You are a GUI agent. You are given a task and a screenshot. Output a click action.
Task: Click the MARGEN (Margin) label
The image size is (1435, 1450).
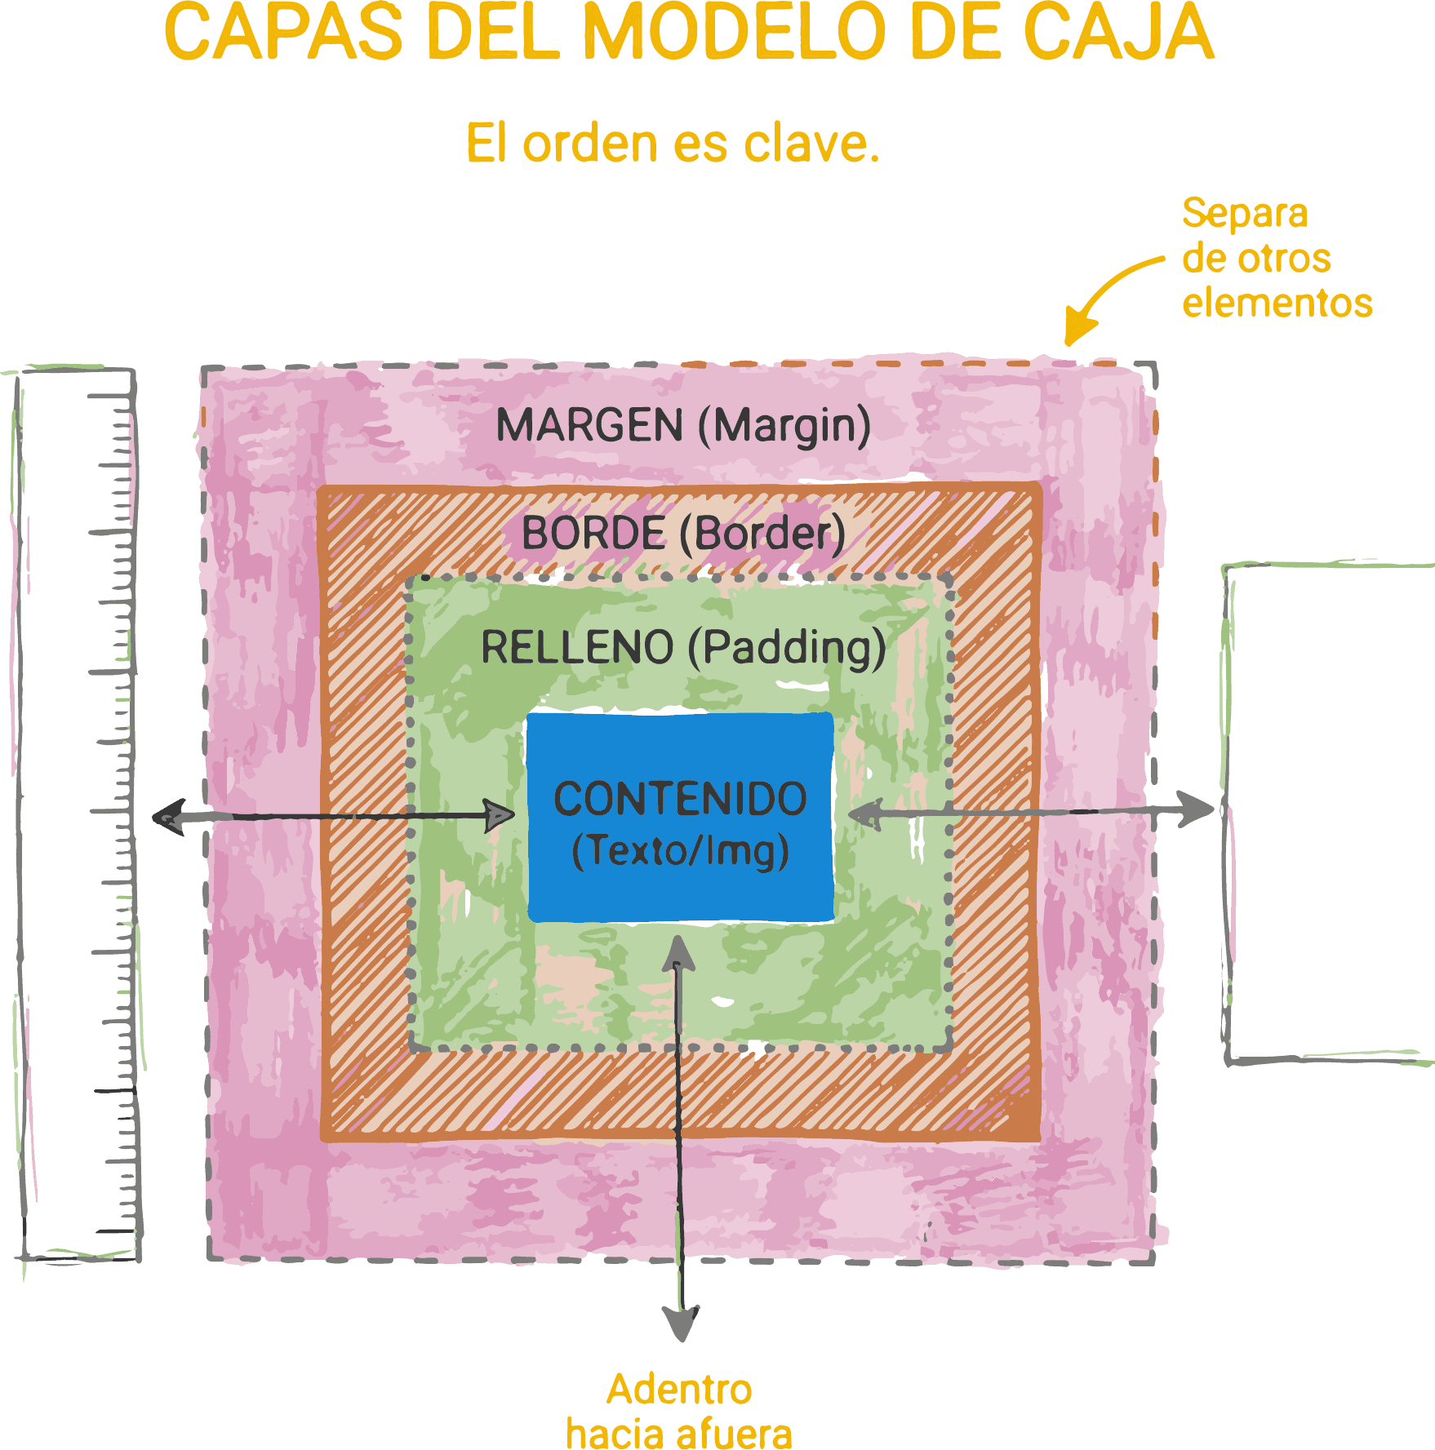point(683,426)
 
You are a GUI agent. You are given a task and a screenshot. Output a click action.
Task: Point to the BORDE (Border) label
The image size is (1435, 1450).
point(683,534)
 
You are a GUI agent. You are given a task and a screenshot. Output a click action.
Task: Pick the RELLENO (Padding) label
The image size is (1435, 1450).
point(683,648)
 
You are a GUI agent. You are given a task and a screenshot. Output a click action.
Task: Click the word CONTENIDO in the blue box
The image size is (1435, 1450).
point(680,799)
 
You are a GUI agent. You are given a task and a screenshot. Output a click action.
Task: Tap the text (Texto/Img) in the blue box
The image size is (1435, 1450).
point(680,851)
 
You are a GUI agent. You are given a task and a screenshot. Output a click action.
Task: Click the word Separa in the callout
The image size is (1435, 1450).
point(1244,214)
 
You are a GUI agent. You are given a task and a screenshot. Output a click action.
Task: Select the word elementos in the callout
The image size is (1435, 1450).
point(1277,303)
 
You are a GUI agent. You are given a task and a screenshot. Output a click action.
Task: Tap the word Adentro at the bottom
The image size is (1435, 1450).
point(679,1390)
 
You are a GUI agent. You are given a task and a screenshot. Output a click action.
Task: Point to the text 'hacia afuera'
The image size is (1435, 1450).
point(679,1433)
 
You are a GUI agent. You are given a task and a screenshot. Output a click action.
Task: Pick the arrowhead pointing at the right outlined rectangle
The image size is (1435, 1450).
point(1197,809)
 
